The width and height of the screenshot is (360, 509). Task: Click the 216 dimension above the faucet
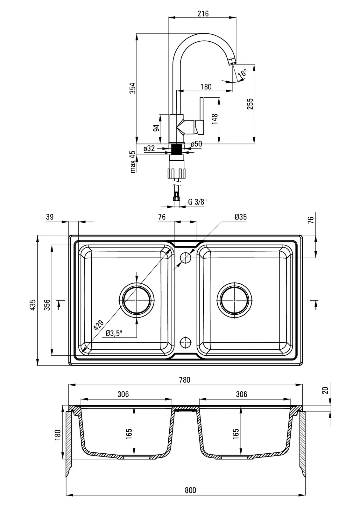pyautogui.click(x=203, y=13)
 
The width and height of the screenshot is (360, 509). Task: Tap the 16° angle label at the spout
pyautogui.click(x=243, y=73)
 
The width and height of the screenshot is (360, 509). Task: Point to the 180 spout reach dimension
pyautogui.click(x=206, y=87)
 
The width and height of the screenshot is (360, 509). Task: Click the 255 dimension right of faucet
pyautogui.click(x=250, y=104)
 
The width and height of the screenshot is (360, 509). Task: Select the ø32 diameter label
pyautogui.click(x=149, y=148)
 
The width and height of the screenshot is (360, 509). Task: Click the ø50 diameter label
pyautogui.click(x=196, y=144)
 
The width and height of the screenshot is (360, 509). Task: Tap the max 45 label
pyautogui.click(x=132, y=162)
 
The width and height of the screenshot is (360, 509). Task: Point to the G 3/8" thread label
pyautogui.click(x=197, y=202)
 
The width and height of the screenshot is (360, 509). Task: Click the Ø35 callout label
pyautogui.click(x=241, y=217)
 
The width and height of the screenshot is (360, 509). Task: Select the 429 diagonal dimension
pyautogui.click(x=99, y=326)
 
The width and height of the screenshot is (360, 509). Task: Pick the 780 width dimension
pyautogui.click(x=184, y=380)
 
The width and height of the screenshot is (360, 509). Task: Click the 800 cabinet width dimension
pyautogui.click(x=190, y=490)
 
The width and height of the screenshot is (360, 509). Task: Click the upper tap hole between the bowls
pyautogui.click(x=185, y=258)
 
